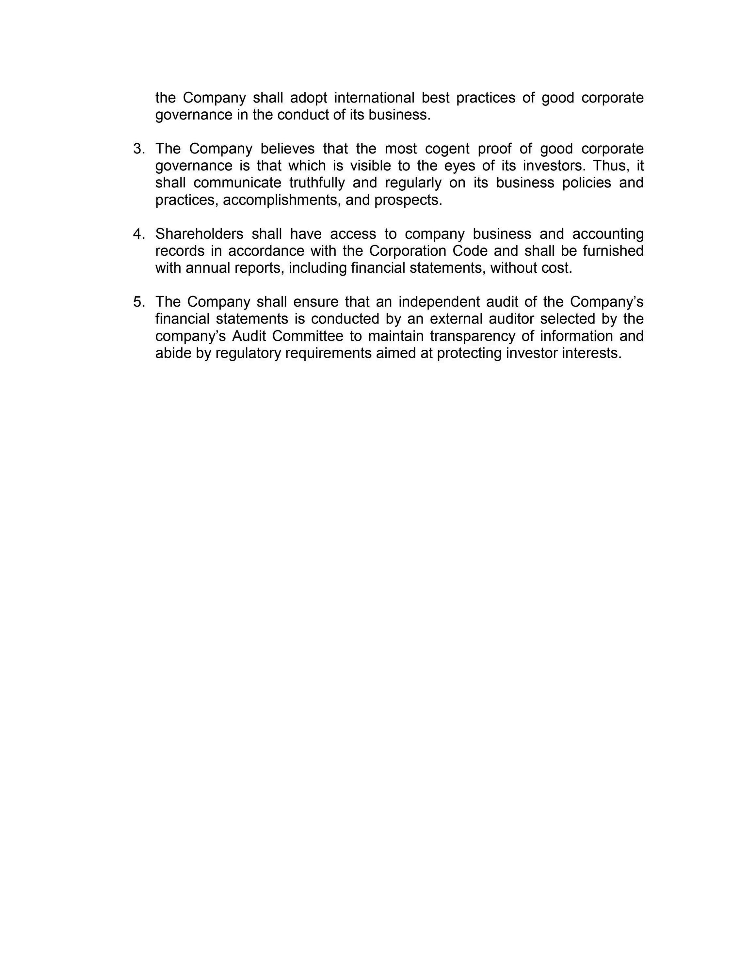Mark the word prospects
coord(408,200)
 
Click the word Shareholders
coord(200,234)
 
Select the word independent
coord(439,302)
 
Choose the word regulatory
coord(248,353)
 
